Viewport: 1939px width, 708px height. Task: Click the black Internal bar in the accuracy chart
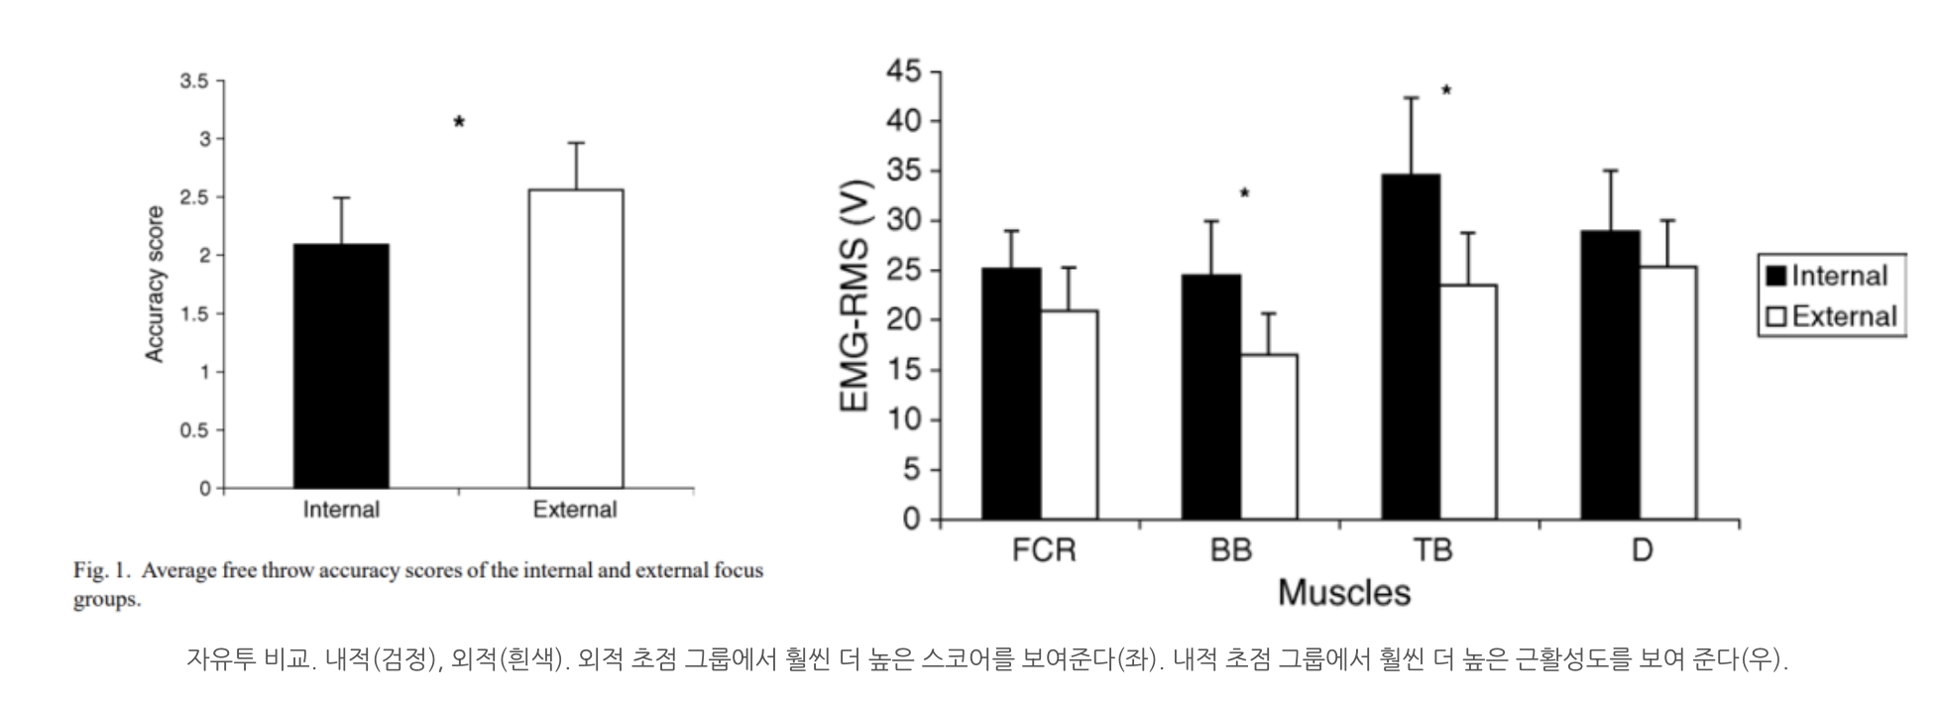[x=341, y=366]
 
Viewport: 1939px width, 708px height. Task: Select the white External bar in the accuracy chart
[x=576, y=339]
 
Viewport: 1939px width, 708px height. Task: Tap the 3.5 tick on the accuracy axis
[x=194, y=81]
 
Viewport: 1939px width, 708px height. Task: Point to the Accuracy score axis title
[x=155, y=285]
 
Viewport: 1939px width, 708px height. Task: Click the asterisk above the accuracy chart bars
[x=459, y=123]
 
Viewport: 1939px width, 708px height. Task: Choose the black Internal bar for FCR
[x=1011, y=394]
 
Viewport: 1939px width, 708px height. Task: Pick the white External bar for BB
[x=1268, y=436]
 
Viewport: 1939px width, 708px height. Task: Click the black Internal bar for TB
[x=1411, y=347]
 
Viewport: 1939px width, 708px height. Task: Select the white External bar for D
[x=1667, y=393]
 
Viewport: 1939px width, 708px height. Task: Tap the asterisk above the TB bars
[x=1446, y=91]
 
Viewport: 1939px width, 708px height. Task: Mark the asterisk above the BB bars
[x=1245, y=193]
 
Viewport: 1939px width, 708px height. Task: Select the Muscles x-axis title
[x=1343, y=593]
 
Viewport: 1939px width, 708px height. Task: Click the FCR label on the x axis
[x=1043, y=550]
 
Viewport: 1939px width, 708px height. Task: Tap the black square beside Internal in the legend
[x=1775, y=276]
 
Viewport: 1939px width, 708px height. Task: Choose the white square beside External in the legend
[x=1775, y=316]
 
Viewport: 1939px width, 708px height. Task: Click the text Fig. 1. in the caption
[x=102, y=571]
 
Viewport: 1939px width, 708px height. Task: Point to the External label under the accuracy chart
[x=575, y=510]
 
